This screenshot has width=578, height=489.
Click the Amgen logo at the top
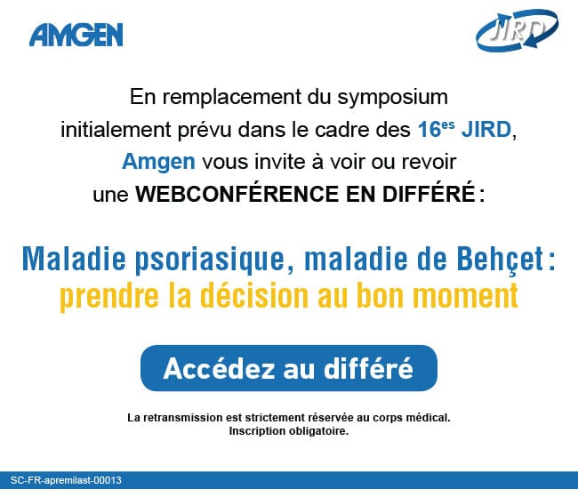[76, 35]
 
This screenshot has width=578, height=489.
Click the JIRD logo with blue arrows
[518, 30]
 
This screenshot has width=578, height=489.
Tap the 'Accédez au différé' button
[289, 368]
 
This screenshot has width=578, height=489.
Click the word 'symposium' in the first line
[392, 98]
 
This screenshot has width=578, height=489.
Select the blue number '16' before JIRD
[429, 130]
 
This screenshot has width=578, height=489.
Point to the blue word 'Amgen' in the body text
[158, 162]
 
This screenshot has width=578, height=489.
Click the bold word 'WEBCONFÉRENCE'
[237, 193]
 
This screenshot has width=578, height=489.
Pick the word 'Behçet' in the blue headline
[501, 259]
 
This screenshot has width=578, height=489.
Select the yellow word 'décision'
[254, 295]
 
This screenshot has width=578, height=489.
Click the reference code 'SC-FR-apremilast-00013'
[66, 480]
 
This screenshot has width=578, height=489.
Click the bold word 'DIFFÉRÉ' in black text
[429, 193]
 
